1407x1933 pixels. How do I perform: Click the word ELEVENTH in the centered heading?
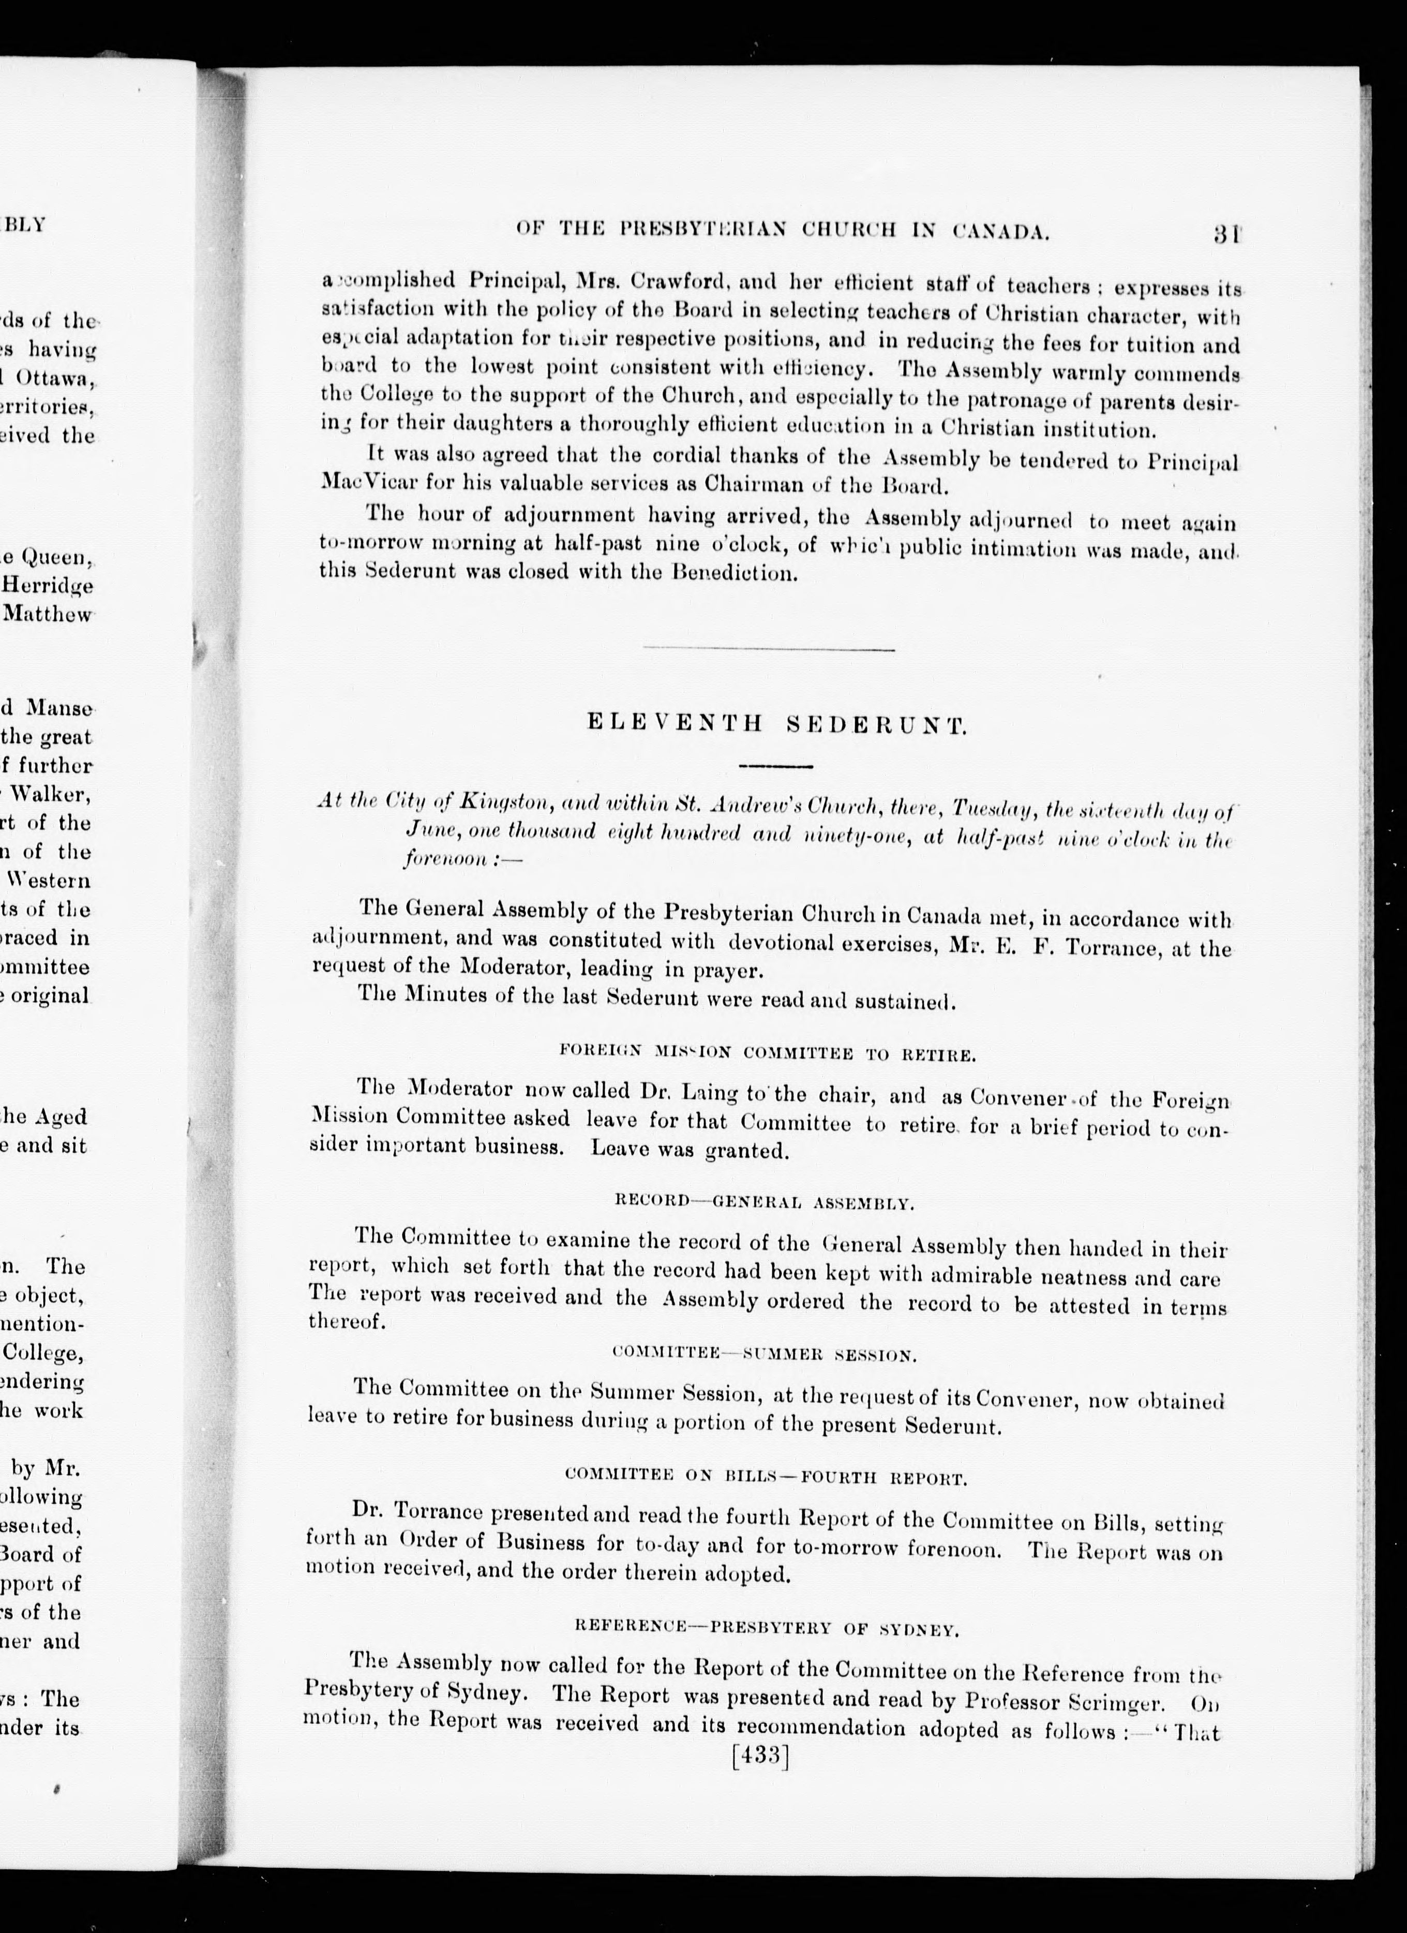(676, 724)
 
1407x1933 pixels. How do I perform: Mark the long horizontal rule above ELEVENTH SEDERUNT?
(768, 650)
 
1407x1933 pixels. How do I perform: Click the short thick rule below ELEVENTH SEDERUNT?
(775, 765)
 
